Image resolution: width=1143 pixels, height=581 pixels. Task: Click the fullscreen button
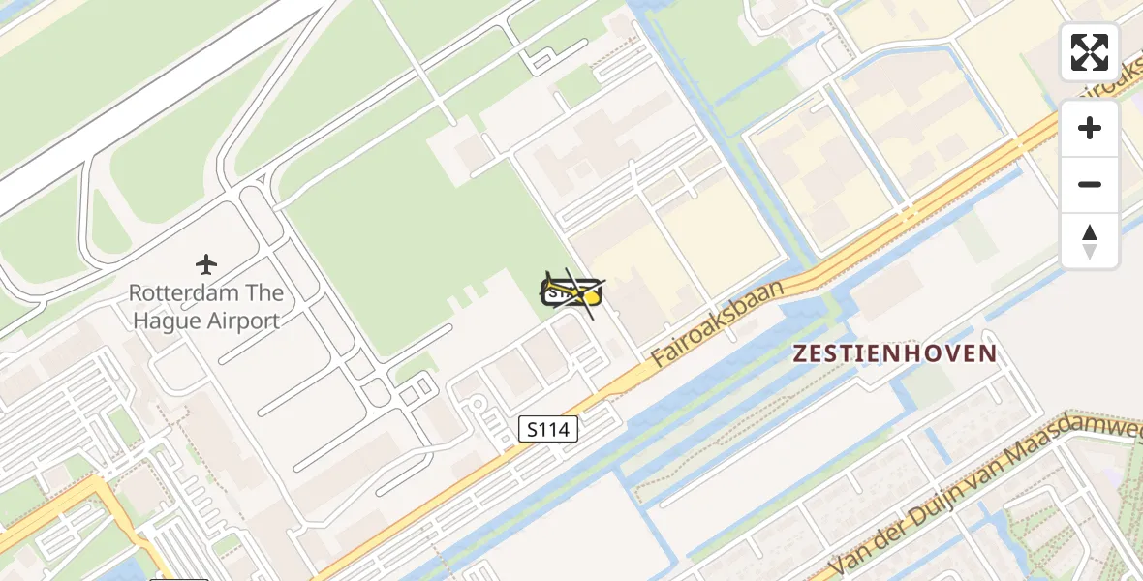coord(1090,52)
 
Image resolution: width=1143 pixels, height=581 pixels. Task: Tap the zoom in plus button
coord(1090,128)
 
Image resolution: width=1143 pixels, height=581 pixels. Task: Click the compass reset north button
coord(1090,241)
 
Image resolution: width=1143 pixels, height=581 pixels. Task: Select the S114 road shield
coord(548,429)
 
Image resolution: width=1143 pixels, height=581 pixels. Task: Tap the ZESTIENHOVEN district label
coord(895,353)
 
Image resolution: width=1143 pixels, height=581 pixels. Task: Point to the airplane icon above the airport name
coord(205,263)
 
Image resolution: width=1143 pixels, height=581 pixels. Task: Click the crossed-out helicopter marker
coord(571,291)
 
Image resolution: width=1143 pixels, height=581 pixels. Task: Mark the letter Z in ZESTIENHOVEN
coord(800,353)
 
